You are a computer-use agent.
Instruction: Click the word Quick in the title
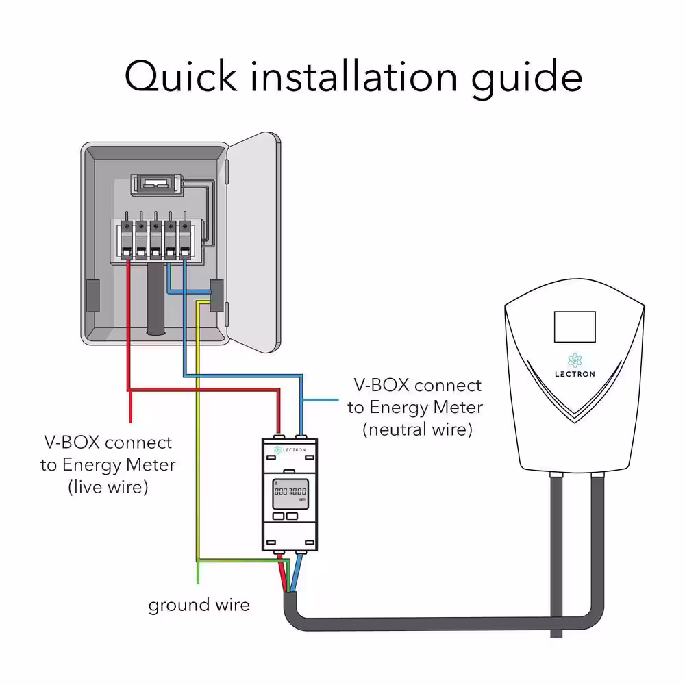click(181, 77)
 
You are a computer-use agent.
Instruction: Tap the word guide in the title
click(527, 79)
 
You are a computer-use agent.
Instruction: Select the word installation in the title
click(354, 77)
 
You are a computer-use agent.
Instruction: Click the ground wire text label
click(199, 606)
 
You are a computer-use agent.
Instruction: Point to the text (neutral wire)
click(418, 430)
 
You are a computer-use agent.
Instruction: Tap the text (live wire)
click(108, 487)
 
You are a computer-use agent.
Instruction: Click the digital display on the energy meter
click(290, 494)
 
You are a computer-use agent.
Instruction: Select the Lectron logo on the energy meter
click(290, 449)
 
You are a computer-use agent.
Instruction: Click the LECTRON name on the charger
click(575, 375)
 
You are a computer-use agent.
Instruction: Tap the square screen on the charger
click(575, 327)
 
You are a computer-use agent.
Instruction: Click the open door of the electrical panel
click(253, 242)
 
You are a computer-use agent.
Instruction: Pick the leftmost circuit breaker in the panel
click(127, 240)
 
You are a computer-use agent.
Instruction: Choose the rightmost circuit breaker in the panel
click(185, 240)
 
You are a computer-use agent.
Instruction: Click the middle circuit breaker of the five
click(156, 240)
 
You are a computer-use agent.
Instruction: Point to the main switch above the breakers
click(156, 184)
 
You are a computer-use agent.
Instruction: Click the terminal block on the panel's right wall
click(216, 296)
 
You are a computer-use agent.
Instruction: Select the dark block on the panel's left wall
click(92, 296)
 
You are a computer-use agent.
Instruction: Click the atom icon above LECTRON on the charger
click(575, 360)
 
